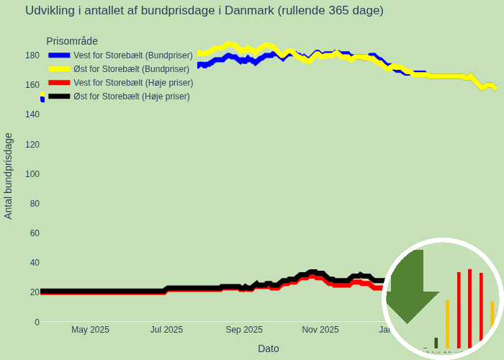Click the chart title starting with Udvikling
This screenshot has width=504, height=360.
(204, 11)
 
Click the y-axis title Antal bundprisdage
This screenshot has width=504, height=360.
(9, 176)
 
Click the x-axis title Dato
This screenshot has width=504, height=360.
(269, 348)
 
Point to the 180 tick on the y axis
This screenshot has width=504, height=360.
(32, 55)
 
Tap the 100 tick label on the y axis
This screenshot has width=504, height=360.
(32, 174)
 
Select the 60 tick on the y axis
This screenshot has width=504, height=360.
(35, 233)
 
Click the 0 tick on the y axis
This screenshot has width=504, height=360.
(37, 322)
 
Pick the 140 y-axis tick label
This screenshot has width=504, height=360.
(32, 114)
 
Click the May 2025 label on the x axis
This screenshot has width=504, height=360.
(90, 330)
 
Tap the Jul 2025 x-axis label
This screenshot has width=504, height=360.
(166, 330)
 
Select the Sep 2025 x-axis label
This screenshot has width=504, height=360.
(244, 330)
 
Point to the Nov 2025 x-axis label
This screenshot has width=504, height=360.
(320, 330)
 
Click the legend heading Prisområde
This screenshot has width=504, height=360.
(72, 41)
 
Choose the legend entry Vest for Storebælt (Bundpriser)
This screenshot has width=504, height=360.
(132, 55)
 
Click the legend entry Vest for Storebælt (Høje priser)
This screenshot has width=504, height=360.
(133, 83)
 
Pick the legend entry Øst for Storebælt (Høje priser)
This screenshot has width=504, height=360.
(132, 96)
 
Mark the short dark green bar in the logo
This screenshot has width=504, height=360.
(436, 343)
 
